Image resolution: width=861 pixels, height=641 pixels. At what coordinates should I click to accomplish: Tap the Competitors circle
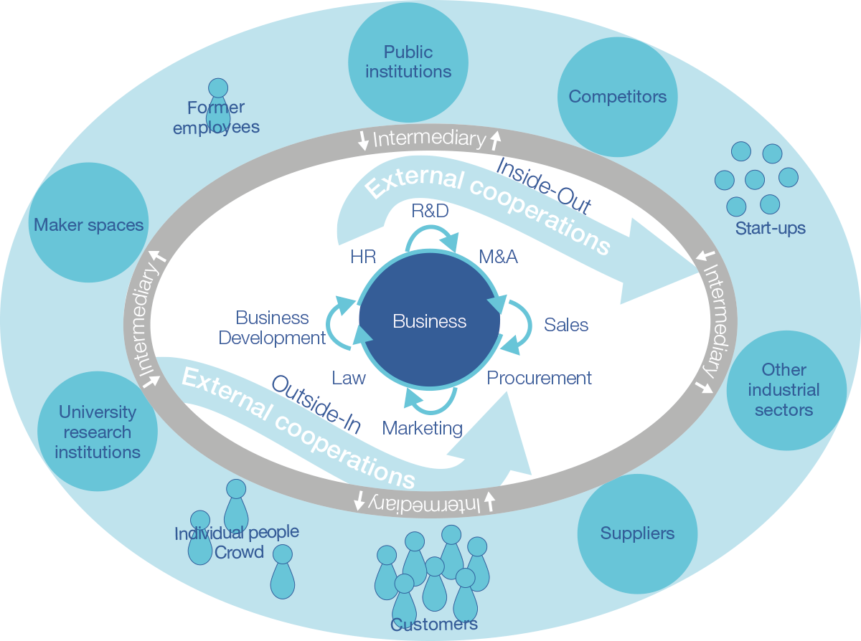click(x=617, y=97)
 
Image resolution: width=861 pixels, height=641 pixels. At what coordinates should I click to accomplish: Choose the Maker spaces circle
click(x=88, y=225)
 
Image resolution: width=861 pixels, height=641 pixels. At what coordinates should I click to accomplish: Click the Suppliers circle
click(x=637, y=533)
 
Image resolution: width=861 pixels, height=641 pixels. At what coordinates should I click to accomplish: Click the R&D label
click(x=430, y=211)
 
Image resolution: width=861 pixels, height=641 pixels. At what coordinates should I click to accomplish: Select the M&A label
click(x=498, y=257)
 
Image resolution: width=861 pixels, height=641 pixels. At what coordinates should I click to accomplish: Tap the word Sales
click(x=566, y=325)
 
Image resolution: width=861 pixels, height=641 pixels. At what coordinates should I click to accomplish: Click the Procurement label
click(x=540, y=378)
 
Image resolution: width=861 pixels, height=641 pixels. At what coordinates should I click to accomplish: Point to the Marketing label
click(x=422, y=428)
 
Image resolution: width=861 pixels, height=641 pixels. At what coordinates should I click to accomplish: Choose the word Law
click(x=349, y=378)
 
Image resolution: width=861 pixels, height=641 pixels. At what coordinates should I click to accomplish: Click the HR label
click(x=363, y=257)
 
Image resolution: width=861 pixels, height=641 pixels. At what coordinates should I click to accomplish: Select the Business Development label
click(x=272, y=328)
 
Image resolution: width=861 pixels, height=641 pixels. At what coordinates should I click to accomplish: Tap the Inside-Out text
click(x=544, y=186)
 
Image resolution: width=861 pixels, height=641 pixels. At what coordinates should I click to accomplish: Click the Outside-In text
click(x=316, y=404)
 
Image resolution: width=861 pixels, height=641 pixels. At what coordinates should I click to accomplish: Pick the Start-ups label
click(x=770, y=229)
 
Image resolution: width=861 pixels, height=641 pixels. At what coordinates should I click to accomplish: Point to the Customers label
click(x=433, y=625)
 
